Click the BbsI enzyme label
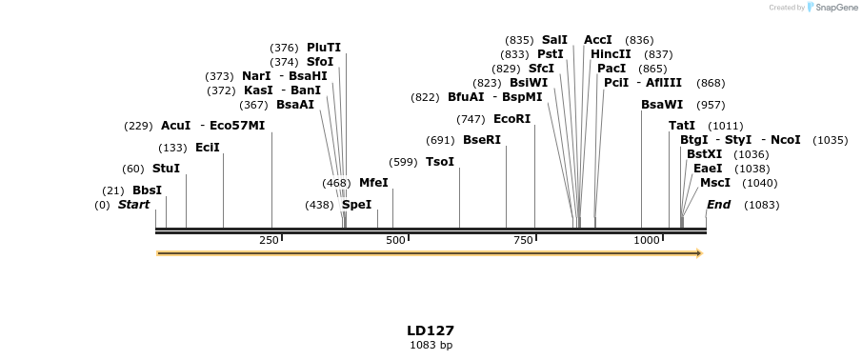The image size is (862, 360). pyautogui.click(x=147, y=190)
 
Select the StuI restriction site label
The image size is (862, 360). pyautogui.click(x=166, y=169)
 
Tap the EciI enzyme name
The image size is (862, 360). pyautogui.click(x=207, y=148)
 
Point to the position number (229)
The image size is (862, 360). pyautogui.click(x=139, y=126)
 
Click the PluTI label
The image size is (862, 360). pyautogui.click(x=323, y=48)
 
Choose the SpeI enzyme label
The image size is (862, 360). pyautogui.click(x=356, y=205)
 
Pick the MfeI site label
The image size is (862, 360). pyautogui.click(x=373, y=183)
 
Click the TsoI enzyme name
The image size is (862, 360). pyautogui.click(x=440, y=162)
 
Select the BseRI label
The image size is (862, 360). pyautogui.click(x=481, y=140)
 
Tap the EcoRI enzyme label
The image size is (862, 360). pyautogui.click(x=511, y=119)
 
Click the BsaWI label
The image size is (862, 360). pyautogui.click(x=662, y=105)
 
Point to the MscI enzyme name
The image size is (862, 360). pyautogui.click(x=715, y=183)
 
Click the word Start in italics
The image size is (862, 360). pyautogui.click(x=133, y=205)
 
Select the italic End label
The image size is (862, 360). pyautogui.click(x=718, y=205)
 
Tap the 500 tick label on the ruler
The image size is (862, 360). pyautogui.click(x=396, y=240)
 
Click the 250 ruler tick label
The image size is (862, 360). pyautogui.click(x=269, y=240)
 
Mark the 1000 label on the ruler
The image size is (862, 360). pyautogui.click(x=647, y=240)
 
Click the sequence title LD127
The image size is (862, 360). pyautogui.click(x=431, y=330)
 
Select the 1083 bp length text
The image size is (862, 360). pyautogui.click(x=431, y=345)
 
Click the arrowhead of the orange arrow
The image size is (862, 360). pyautogui.click(x=700, y=253)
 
